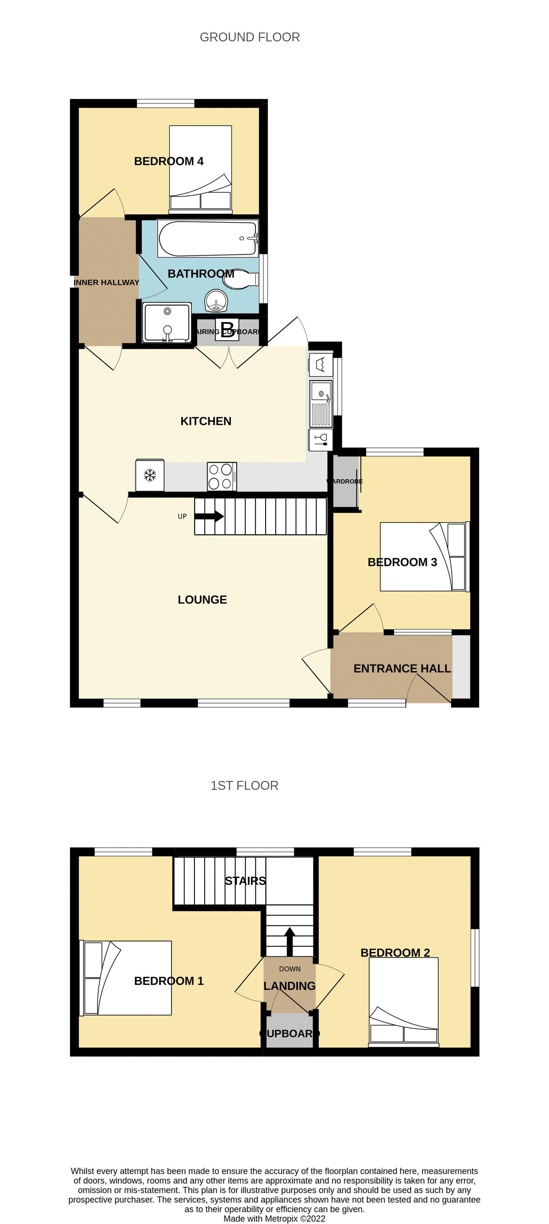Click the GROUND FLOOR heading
click(x=249, y=37)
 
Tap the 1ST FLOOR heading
click(x=244, y=785)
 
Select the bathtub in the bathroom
click(x=208, y=238)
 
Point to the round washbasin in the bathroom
click(x=216, y=300)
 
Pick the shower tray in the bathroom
click(x=167, y=322)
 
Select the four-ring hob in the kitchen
click(x=222, y=477)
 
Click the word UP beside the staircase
click(x=182, y=517)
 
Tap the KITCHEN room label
click(x=206, y=421)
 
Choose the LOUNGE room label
click(x=202, y=600)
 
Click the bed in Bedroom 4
click(x=200, y=169)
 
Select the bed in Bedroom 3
click(x=424, y=556)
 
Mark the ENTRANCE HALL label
click(x=402, y=668)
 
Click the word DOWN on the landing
click(x=290, y=969)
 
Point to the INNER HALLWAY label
click(x=106, y=282)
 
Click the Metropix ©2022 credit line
click(x=274, y=1218)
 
